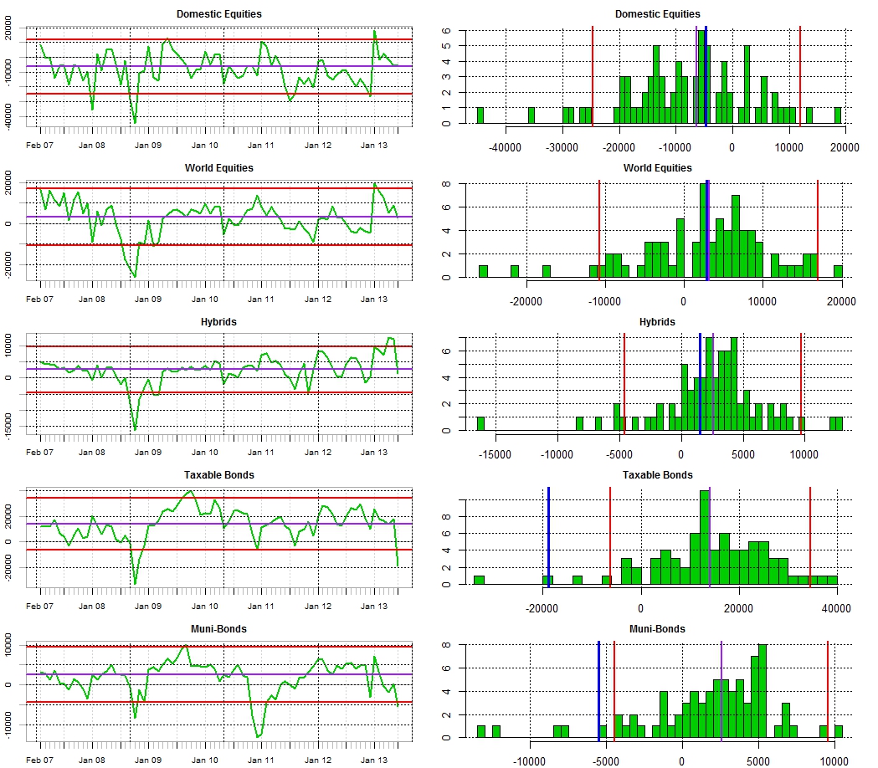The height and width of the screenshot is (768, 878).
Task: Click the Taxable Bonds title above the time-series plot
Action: pyautogui.click(x=219, y=475)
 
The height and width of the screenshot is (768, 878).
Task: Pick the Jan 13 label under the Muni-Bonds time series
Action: pyautogui.click(x=373, y=760)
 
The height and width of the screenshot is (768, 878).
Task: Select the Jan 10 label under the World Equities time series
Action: pyautogui.click(x=205, y=300)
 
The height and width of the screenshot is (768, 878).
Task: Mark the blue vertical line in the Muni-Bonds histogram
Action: pyautogui.click(x=598, y=690)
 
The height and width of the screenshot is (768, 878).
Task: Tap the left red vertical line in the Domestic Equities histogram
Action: pyautogui.click(x=593, y=75)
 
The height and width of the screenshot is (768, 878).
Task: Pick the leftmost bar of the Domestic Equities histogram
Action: pyautogui.click(x=480, y=115)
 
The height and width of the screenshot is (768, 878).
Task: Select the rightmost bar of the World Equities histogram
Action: pyautogui.click(x=838, y=271)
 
